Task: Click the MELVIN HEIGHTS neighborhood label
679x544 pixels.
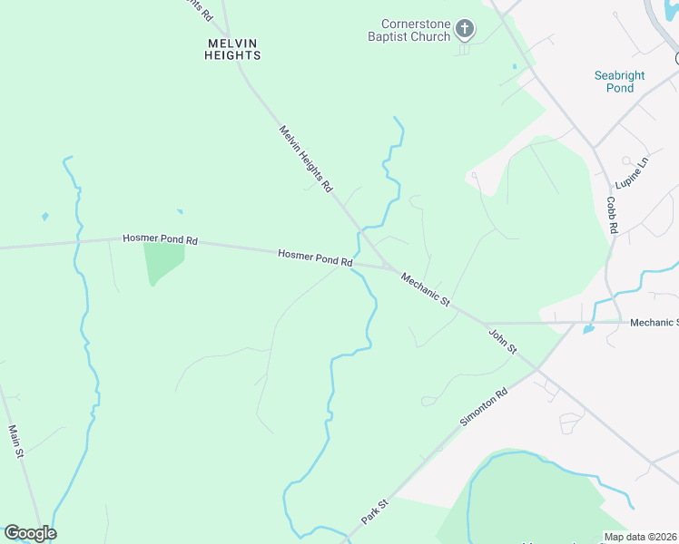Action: (x=231, y=49)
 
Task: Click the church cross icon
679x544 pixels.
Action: (x=464, y=29)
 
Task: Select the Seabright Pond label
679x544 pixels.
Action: (x=620, y=82)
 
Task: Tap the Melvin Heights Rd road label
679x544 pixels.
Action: (x=306, y=158)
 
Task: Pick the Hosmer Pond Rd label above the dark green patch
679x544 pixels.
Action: (x=160, y=239)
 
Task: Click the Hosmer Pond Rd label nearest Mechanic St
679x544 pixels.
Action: (x=315, y=258)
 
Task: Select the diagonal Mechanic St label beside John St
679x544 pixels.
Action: (x=426, y=290)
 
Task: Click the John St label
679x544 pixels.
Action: (x=502, y=342)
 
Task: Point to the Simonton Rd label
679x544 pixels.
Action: (x=484, y=412)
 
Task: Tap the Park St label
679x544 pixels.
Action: (x=375, y=510)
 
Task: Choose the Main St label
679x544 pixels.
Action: (x=15, y=442)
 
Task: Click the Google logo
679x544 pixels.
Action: (x=30, y=533)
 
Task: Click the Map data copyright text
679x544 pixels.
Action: (x=641, y=537)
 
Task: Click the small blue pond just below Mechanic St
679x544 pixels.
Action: (x=588, y=329)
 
